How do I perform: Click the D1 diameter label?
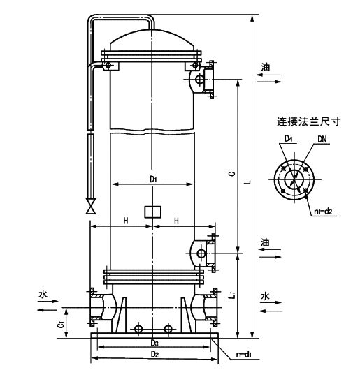click(153, 179)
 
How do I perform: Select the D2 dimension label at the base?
click(154, 354)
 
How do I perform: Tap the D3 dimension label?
click(154, 344)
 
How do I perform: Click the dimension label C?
click(232, 174)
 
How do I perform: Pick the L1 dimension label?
click(232, 294)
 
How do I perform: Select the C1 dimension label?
click(61, 325)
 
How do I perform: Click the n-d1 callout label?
click(244, 355)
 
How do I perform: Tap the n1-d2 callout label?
click(323, 212)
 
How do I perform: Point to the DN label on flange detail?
click(322, 140)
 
